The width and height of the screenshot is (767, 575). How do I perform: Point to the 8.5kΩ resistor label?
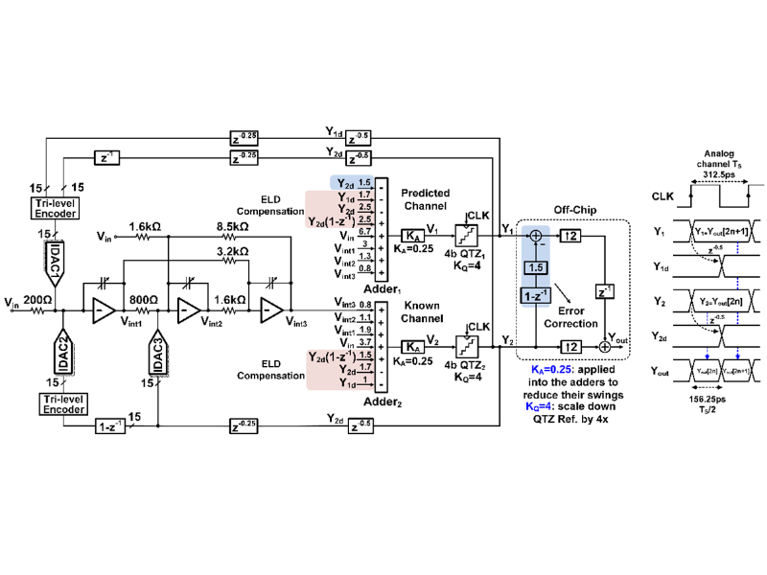tap(232, 227)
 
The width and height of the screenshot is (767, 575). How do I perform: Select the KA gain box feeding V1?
tap(409, 234)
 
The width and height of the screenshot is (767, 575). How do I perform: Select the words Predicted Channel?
tap(425, 199)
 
